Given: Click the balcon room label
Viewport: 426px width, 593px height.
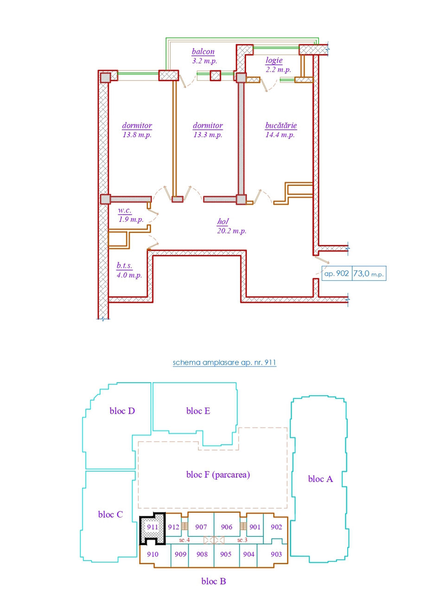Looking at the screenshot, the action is click(203, 51).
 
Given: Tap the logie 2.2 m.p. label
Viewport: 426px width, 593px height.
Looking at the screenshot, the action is click(278, 64).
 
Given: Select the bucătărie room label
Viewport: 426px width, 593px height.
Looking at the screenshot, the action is click(281, 125).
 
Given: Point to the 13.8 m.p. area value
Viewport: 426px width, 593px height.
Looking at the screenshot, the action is click(137, 135).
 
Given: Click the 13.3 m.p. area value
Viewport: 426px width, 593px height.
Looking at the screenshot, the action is click(208, 135).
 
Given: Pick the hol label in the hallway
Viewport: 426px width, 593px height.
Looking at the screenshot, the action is click(223, 221).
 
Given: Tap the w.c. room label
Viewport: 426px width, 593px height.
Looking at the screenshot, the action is click(125, 210).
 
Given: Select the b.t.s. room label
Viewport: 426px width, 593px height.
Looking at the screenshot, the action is click(124, 265).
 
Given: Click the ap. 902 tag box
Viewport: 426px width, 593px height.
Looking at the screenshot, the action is click(337, 273).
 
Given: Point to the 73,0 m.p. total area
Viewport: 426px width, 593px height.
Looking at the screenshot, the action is click(369, 273).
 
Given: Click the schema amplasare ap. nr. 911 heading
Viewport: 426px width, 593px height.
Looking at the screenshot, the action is click(224, 362).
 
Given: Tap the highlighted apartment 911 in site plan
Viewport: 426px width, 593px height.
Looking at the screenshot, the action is click(153, 527).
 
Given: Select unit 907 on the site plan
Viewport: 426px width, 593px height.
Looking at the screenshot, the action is click(201, 527).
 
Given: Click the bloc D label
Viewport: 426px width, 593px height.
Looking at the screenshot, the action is click(122, 410).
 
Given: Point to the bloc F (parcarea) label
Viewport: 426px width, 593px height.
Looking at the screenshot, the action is click(218, 474).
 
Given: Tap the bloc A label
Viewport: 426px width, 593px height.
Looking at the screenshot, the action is click(320, 479).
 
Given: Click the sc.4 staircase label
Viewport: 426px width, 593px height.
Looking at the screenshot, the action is click(184, 540).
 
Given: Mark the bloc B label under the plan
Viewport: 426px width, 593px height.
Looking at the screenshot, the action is click(214, 581).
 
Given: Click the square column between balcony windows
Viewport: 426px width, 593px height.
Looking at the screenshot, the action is click(216, 76).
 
